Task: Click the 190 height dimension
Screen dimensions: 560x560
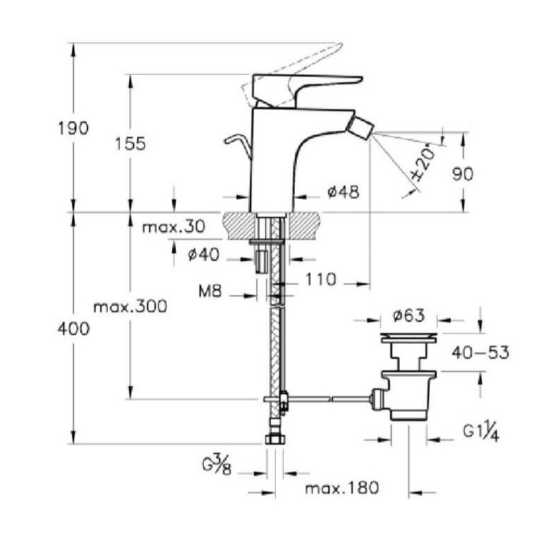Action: coord(73,128)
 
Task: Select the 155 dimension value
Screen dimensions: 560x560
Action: coord(130,143)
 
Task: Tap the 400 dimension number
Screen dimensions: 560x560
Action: coord(73,328)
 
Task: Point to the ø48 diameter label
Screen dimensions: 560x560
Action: coord(343,192)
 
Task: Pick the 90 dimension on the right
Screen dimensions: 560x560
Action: coord(463,174)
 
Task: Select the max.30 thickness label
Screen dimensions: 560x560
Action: coord(174,227)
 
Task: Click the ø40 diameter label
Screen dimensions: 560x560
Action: coord(204,255)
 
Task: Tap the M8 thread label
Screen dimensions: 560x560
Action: coord(210,292)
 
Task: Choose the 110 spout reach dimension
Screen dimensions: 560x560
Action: coord(321,279)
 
